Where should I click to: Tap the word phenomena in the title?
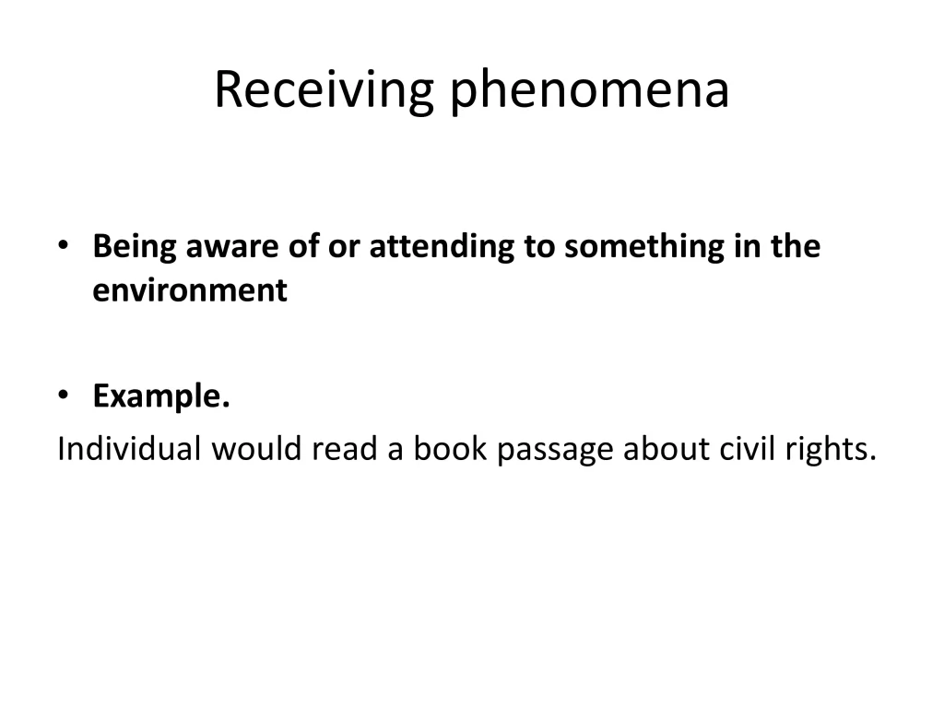pyautogui.click(x=590, y=90)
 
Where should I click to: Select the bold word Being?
pyautogui.click(x=135, y=247)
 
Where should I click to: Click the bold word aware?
pyautogui.click(x=226, y=247)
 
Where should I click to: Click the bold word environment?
pyautogui.click(x=190, y=290)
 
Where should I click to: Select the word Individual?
pyautogui.click(x=129, y=449)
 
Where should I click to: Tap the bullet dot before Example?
pyautogui.click(x=63, y=397)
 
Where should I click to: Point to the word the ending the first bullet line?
pyautogui.click(x=794, y=247)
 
